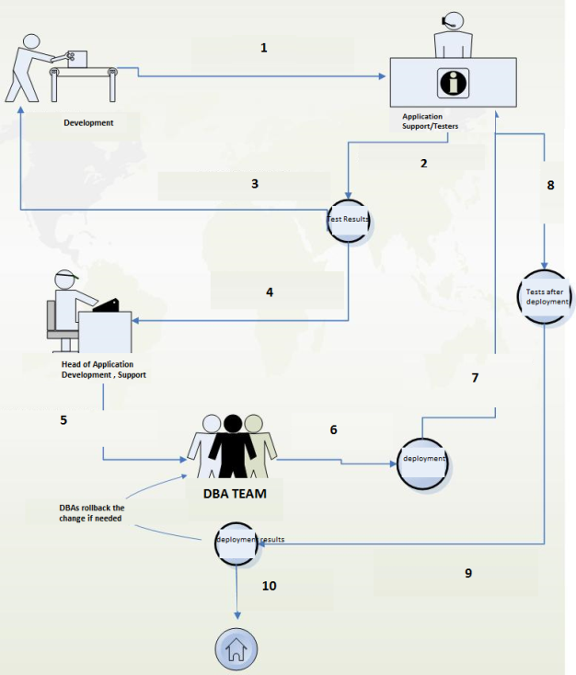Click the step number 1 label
pos(264,47)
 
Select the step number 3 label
pos(255,183)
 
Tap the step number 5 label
pos(63,419)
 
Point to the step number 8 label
pos(550,185)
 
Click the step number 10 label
pos(269,585)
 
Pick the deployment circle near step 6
pos(423,458)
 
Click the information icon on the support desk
pos(451,83)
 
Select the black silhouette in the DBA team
pos(231,447)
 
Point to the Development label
pos(88,122)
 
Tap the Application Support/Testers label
pos(430,121)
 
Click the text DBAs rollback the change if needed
pos(92,512)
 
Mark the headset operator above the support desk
pos(453,33)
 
